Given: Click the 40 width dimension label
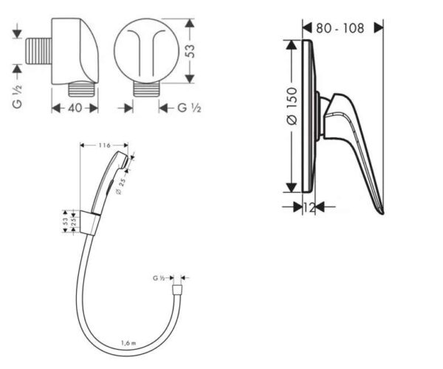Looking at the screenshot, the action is (75, 108).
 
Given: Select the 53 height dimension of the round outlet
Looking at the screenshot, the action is (191, 51).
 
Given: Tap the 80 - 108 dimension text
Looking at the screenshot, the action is (340, 28).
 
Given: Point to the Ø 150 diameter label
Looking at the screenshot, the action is (292, 106).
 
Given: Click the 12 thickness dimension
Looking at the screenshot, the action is (309, 207).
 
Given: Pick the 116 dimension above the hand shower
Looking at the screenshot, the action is (104, 145).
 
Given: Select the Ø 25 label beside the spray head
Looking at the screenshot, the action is (121, 186).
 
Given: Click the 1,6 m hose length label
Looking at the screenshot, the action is (128, 343).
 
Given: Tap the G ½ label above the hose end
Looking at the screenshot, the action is (159, 278).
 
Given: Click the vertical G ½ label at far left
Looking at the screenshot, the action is (17, 96).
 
